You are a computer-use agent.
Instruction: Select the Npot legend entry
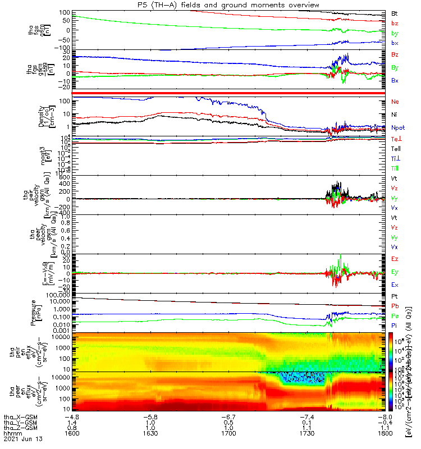click(x=397, y=127)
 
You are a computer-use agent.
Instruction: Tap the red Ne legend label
click(x=395, y=102)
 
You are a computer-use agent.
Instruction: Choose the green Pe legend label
click(x=395, y=316)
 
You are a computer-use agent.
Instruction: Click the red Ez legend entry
click(x=395, y=259)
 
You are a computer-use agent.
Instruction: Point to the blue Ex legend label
click(x=395, y=285)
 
